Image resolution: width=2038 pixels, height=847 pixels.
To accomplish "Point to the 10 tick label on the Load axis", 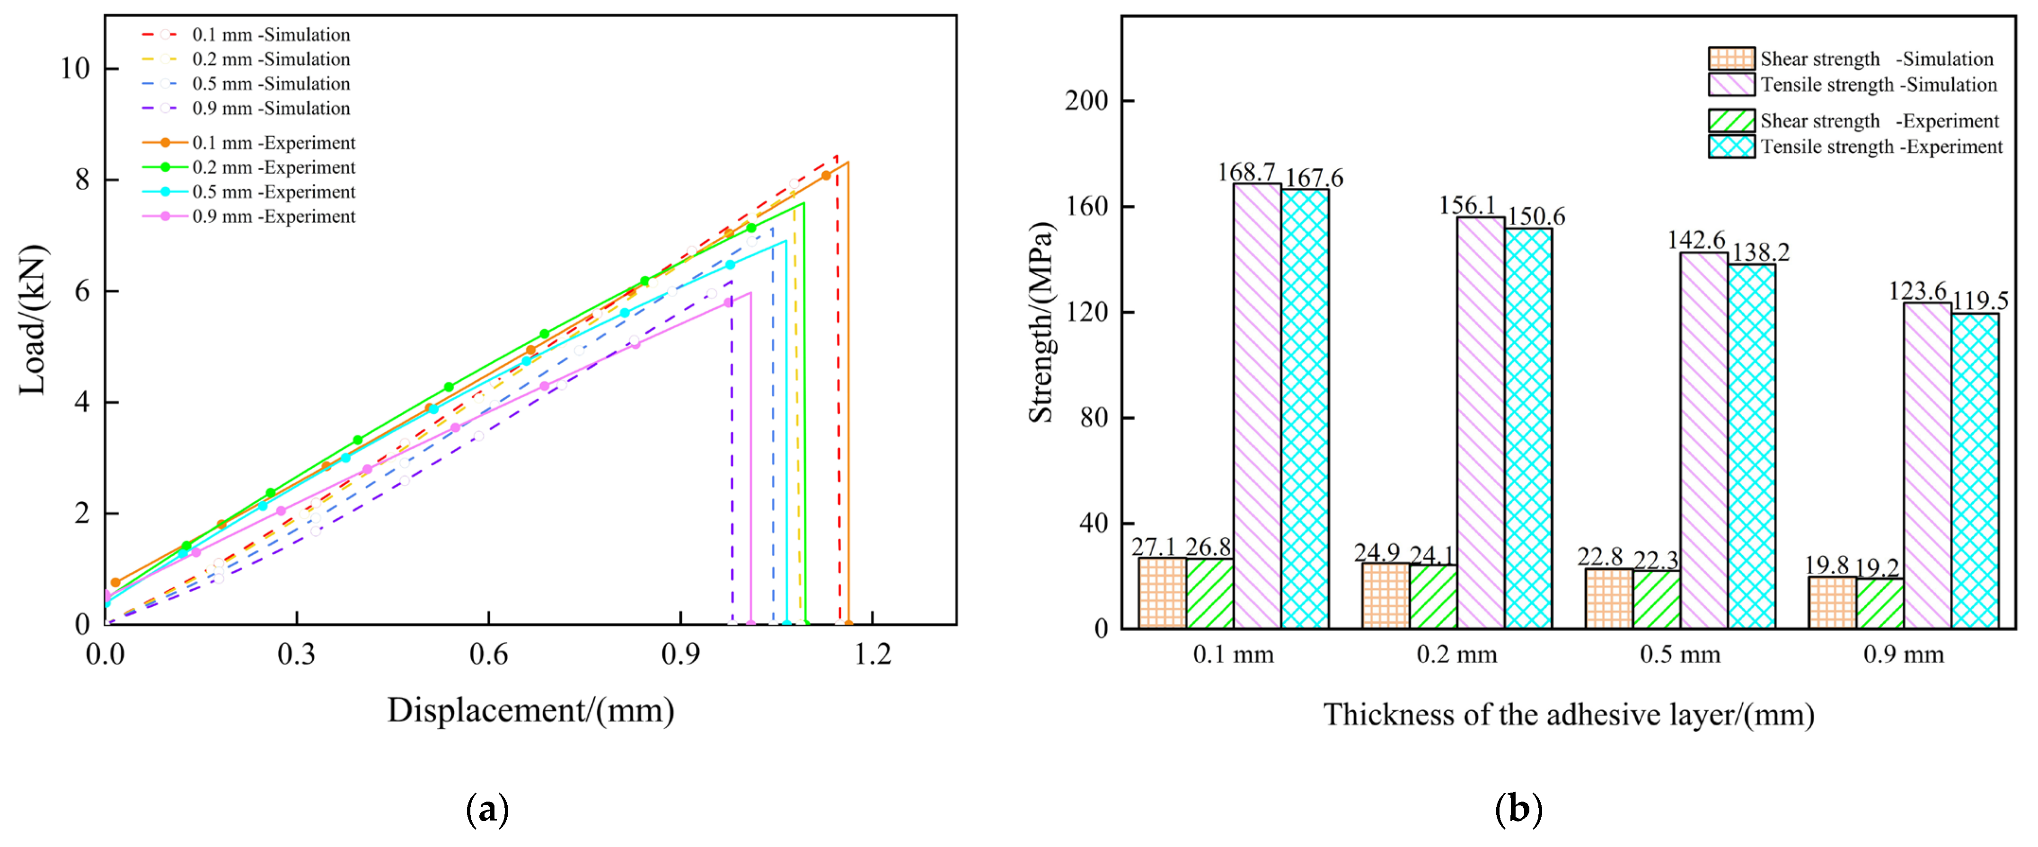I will pos(76,69).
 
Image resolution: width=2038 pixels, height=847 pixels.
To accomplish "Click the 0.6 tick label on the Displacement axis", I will pos(488,655).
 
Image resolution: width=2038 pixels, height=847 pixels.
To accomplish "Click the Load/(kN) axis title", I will pos(33,320).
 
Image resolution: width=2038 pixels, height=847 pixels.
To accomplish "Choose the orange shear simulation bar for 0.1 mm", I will pos(1161,593).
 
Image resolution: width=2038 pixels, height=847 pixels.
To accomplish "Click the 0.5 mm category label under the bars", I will pos(1680,655).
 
